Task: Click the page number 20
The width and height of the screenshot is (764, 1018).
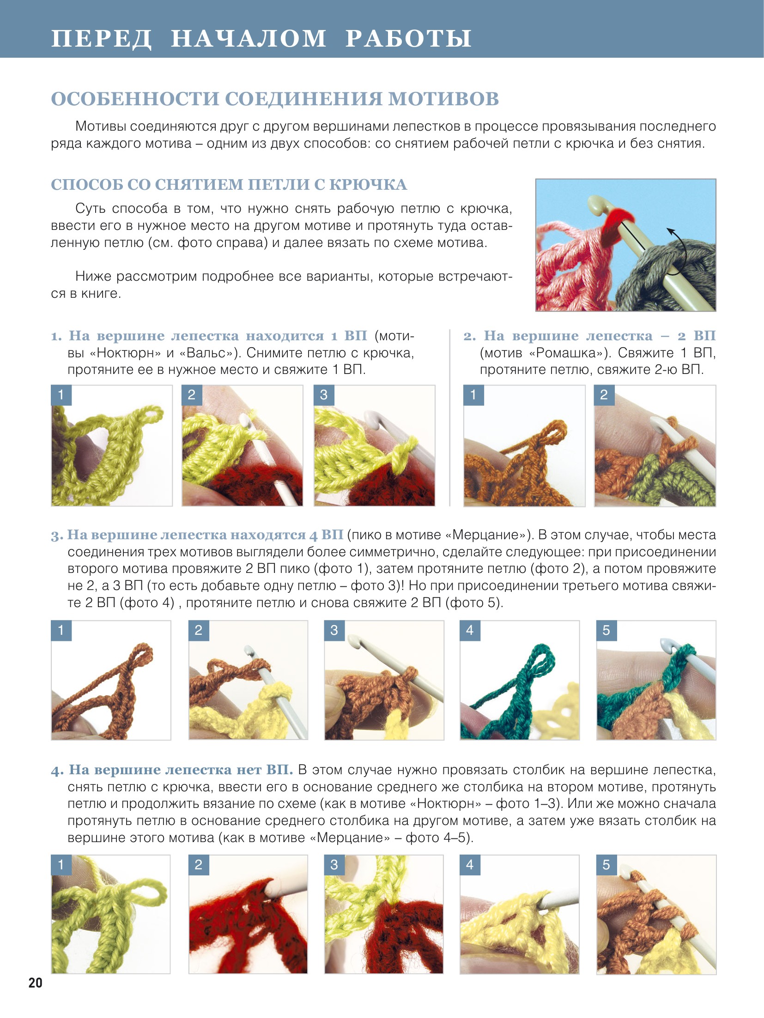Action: [35, 982]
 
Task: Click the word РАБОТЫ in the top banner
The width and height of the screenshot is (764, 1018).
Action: [408, 38]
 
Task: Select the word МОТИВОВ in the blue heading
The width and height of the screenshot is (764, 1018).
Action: [443, 99]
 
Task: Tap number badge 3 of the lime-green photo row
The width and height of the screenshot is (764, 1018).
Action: [324, 395]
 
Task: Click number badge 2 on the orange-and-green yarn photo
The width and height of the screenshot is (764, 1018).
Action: [604, 395]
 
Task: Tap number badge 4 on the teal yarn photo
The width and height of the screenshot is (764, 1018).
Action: [470, 631]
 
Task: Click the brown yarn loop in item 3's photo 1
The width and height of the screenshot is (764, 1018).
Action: [140, 655]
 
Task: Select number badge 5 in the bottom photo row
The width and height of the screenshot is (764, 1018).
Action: [606, 865]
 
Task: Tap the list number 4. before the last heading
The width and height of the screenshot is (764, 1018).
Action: [57, 771]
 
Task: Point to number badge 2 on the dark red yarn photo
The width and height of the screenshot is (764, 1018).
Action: [199, 865]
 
